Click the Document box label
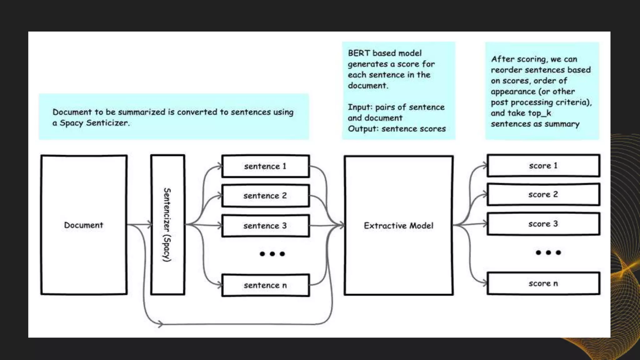coord(83,225)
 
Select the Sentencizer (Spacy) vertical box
coord(167,225)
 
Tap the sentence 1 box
coord(265,166)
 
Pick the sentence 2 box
coord(265,196)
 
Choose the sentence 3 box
coord(265,226)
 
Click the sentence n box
coord(265,285)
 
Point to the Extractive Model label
coord(398,226)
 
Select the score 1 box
coord(543,166)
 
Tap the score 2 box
coord(543,194)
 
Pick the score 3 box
coord(543,224)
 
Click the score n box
coord(543,283)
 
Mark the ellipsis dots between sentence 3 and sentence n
coord(272,254)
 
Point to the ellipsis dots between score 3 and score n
coord(548,252)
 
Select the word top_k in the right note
coord(539,113)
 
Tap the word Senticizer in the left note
coord(107,123)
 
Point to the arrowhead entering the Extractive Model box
coord(342,224)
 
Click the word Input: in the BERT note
coord(360,107)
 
